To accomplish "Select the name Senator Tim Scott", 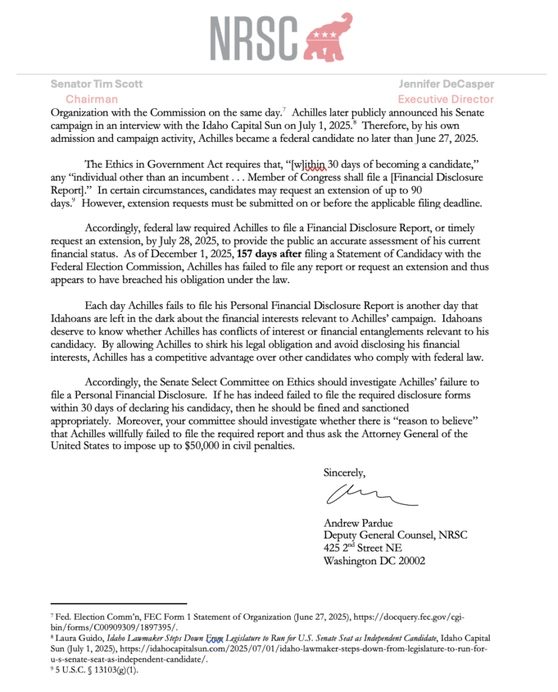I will pos(96,84).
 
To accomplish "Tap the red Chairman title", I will pos(91,99).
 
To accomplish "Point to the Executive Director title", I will pos(455,99).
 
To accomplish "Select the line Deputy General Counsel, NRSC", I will pos(395,535).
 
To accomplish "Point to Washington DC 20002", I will pos(374,561).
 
